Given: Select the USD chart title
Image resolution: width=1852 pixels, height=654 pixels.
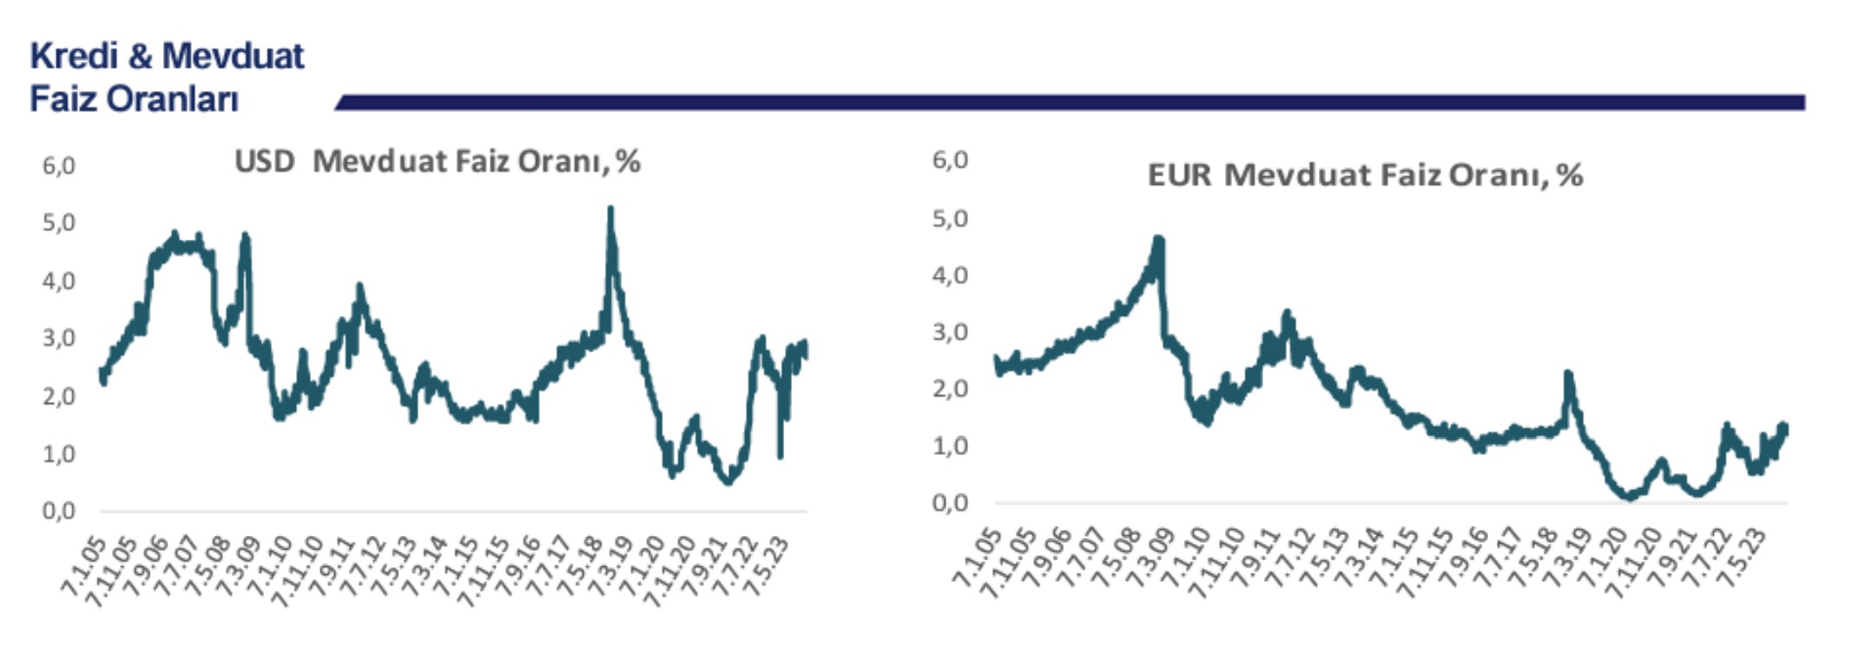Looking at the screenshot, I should (437, 162).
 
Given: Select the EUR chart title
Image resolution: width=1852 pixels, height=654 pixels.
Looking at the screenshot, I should (1365, 175).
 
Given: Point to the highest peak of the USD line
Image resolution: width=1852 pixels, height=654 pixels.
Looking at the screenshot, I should (610, 209).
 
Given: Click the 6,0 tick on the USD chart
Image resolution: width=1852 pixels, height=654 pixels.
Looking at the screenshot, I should (58, 166).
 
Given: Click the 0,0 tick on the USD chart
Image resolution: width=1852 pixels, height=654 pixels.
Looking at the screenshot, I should (58, 511).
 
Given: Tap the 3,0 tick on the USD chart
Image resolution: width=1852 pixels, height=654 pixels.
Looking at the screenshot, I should (58, 339).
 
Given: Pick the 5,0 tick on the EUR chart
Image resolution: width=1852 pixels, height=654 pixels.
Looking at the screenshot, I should (950, 218).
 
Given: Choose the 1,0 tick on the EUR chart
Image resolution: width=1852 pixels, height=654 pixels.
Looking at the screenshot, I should (950, 446).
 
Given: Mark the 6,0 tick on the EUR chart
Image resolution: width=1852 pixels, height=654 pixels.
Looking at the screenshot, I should (950, 161).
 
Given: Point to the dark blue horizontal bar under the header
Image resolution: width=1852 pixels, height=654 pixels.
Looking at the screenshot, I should (1068, 102).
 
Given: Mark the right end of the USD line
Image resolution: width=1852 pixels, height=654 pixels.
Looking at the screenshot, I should (806, 349).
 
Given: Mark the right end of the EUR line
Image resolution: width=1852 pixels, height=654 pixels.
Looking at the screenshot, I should (1785, 427).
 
